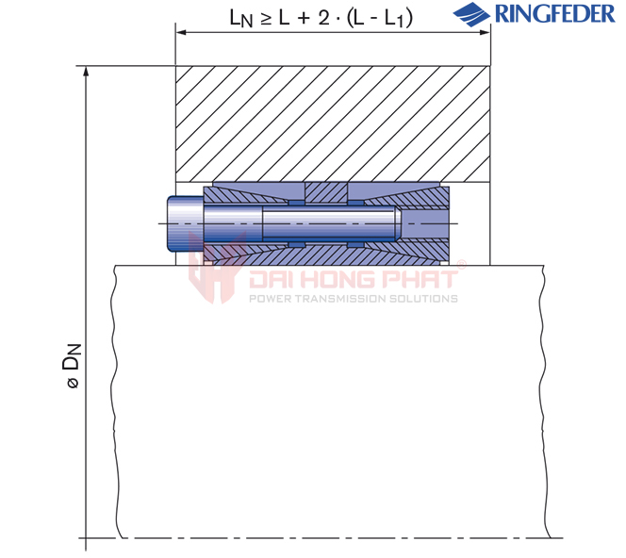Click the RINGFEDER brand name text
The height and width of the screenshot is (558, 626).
555,13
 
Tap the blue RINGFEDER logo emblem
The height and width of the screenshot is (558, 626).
471,14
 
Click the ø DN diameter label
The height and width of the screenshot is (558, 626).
73,366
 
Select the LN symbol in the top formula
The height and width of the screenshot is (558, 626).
241,18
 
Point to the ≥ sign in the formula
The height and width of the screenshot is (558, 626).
266,19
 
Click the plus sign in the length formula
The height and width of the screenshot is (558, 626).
304,18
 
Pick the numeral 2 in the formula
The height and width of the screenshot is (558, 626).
323,17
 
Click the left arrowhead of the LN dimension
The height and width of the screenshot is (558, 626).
181,32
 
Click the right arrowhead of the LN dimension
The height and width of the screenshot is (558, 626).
485,32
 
